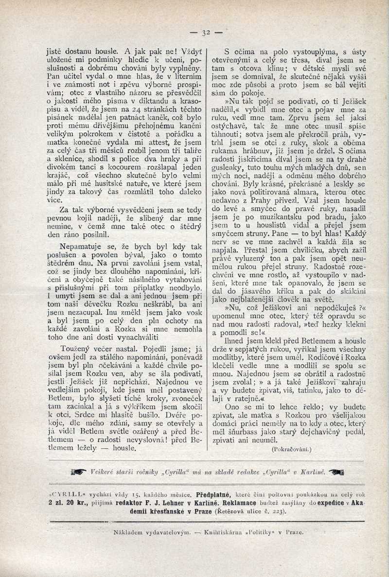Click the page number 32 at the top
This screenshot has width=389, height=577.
205,33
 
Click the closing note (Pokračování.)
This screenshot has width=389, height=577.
292,450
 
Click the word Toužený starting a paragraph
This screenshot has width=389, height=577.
77,348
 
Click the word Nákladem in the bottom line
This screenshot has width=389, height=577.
128,533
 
